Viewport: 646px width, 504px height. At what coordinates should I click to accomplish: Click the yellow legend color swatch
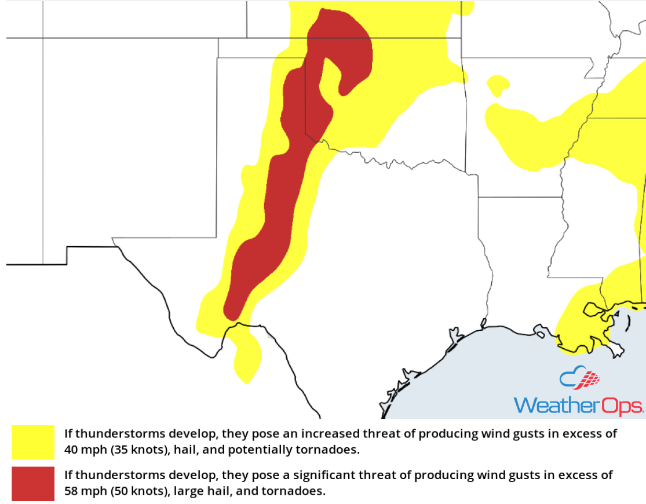[32, 443]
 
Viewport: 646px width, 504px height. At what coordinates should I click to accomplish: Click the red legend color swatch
[32, 484]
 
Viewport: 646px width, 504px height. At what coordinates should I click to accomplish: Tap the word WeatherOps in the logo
[578, 405]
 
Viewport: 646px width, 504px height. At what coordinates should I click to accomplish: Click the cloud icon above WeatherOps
[579, 379]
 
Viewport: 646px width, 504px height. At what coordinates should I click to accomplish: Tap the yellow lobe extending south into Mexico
[247, 359]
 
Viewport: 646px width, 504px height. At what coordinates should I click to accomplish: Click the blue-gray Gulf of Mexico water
[492, 377]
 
